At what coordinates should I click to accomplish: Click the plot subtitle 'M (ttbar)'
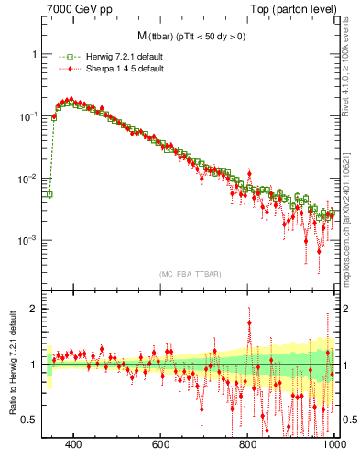pyautogui.click(x=183, y=36)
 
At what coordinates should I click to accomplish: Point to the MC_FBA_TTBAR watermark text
pyautogui.click(x=183, y=273)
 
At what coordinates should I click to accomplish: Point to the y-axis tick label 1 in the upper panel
pyautogui.click(x=34, y=54)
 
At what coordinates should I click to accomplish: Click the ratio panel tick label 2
pyautogui.click(x=34, y=309)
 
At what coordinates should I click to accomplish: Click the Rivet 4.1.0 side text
pyautogui.click(x=349, y=73)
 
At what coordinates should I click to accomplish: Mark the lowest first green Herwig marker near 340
pyautogui.click(x=49, y=194)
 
